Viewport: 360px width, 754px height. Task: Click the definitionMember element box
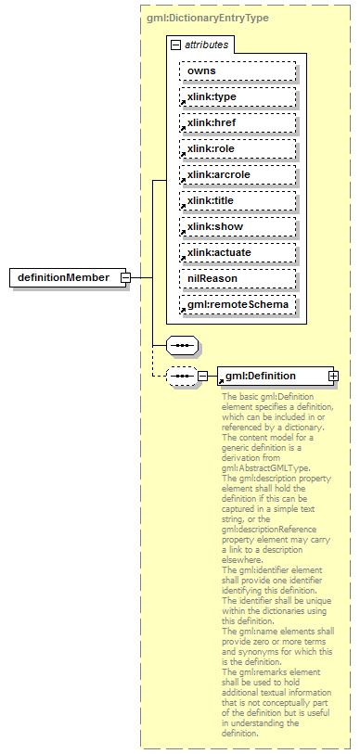point(63,277)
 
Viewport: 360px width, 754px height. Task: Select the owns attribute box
point(238,70)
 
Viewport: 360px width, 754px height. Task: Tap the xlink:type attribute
point(238,96)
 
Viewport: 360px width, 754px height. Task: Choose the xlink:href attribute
point(238,122)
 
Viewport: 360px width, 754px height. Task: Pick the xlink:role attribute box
point(238,148)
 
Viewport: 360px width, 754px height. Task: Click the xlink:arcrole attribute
point(238,174)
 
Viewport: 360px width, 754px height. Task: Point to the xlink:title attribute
point(238,200)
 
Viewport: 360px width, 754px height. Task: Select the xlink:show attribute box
point(238,226)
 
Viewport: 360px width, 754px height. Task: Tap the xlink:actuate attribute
point(238,252)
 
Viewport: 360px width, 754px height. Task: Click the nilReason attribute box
point(238,278)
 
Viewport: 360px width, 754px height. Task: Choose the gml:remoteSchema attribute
point(238,304)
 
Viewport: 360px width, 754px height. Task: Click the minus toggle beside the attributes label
point(175,44)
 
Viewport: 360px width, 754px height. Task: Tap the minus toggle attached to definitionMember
point(123,277)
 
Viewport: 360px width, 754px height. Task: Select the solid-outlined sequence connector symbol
point(183,346)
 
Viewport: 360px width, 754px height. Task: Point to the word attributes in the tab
point(205,44)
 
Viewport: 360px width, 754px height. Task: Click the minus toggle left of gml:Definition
point(202,376)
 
